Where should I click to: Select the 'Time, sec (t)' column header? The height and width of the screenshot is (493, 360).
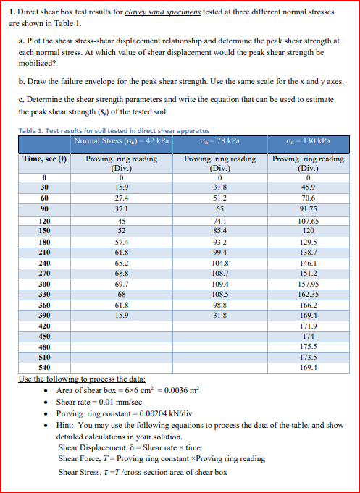pos(43,159)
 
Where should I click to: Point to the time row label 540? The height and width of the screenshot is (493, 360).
pos(43,368)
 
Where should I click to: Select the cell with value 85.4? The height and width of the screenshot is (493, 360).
pos(219,231)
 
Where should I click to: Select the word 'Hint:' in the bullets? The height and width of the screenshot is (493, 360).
pos(66,425)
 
